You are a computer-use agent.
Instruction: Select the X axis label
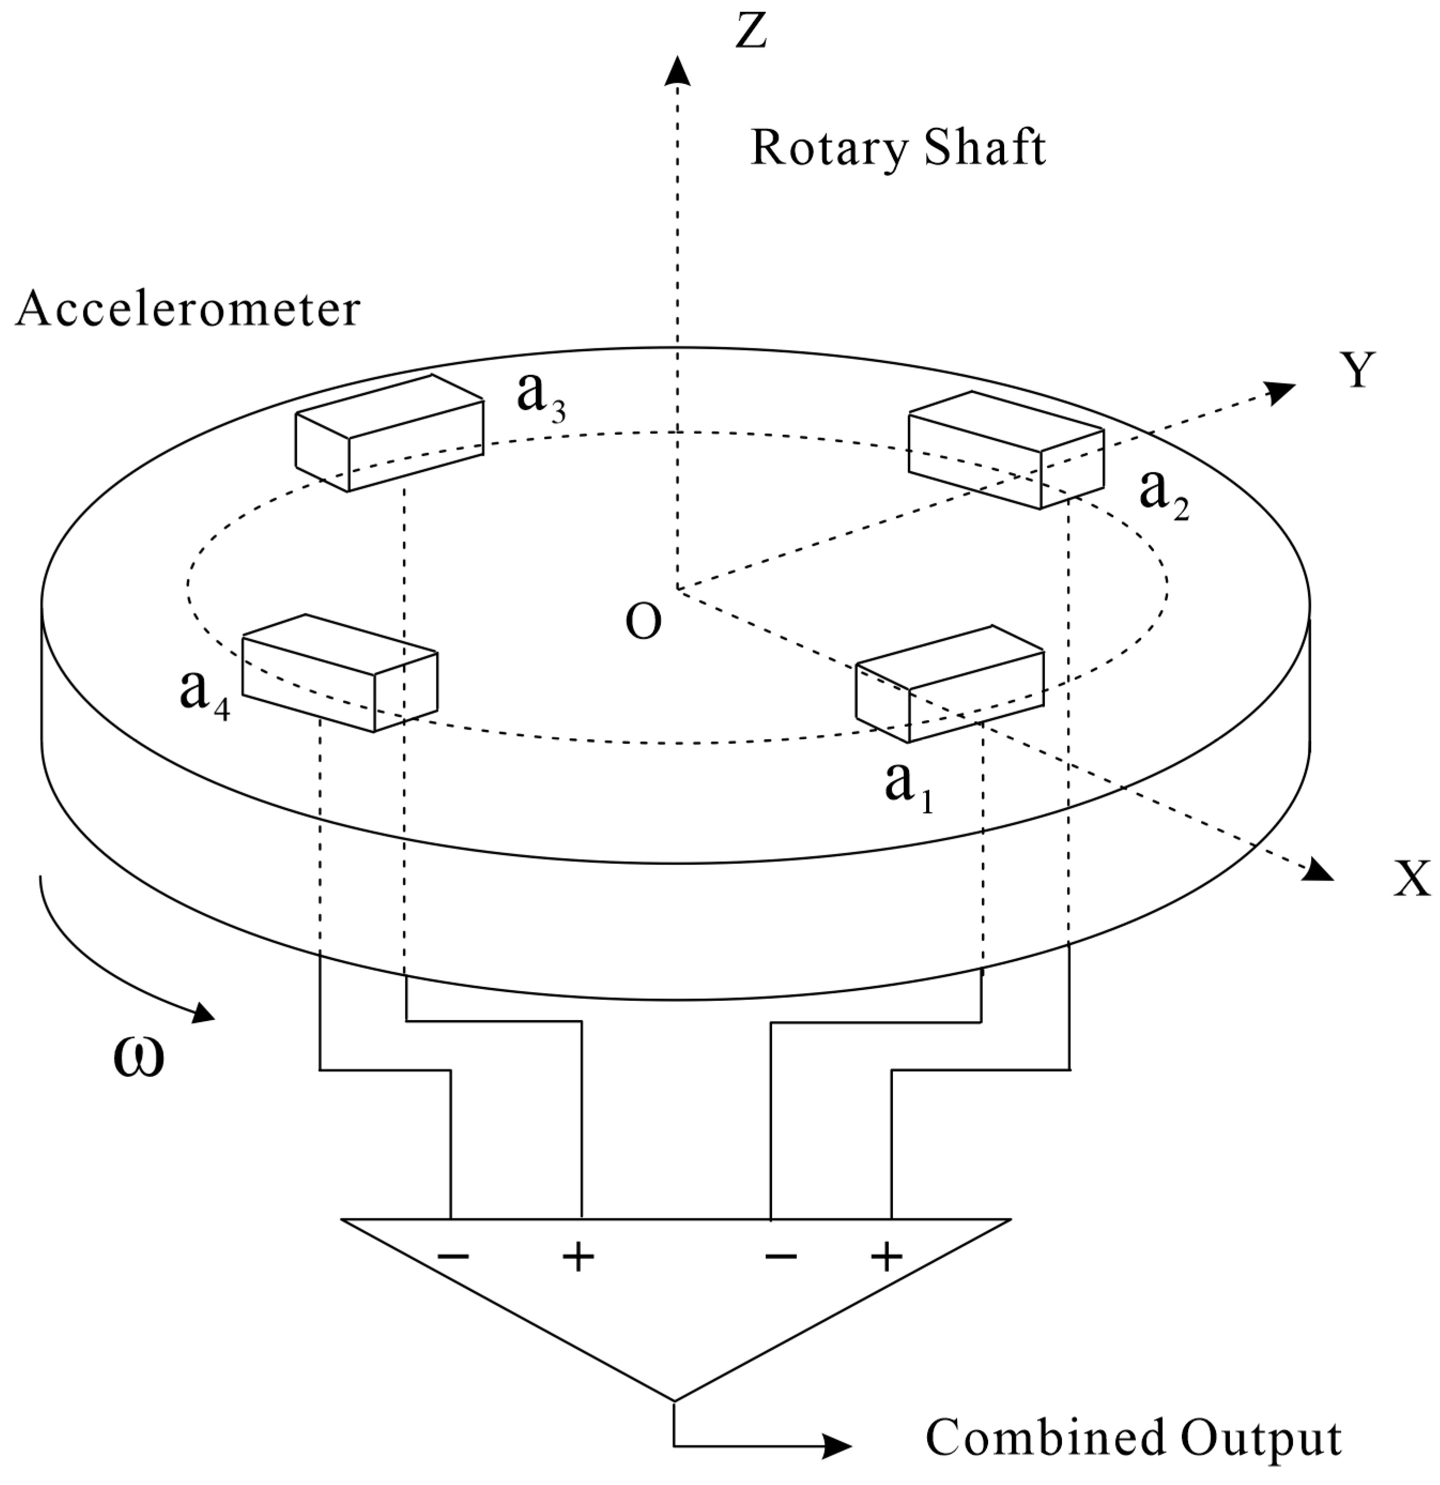[x=1411, y=879]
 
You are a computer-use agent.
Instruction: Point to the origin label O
[x=643, y=622]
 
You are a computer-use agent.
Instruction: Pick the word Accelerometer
[x=187, y=309]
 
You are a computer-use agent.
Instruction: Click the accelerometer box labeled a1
[x=950, y=684]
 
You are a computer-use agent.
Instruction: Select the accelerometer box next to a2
[x=1005, y=450]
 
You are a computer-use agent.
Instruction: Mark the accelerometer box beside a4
[x=340, y=673]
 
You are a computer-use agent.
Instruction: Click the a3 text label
[x=540, y=396]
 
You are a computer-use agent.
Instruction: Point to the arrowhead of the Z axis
[x=677, y=70]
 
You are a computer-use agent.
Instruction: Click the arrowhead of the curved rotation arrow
[x=203, y=1013]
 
